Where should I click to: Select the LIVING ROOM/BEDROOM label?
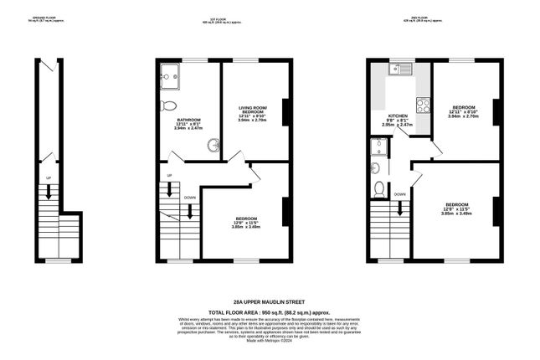(x=251, y=110)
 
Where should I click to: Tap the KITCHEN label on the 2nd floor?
(x=399, y=116)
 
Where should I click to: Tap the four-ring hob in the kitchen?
(x=423, y=106)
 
